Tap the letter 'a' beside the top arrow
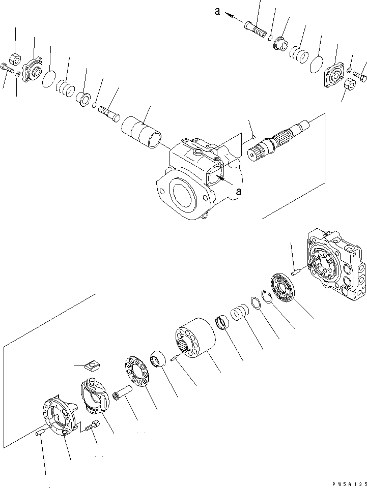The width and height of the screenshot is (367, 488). (217, 12)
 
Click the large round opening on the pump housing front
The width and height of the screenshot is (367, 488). (183, 194)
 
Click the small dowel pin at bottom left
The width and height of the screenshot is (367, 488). (41, 433)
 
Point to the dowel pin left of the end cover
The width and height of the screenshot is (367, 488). (298, 270)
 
